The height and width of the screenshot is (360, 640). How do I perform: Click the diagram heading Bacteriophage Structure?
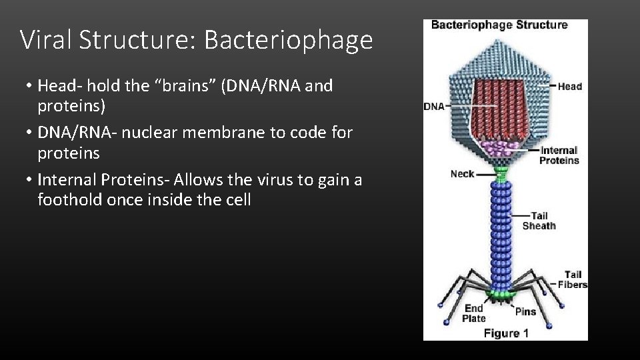[499, 25]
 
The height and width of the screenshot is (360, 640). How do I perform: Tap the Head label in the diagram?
[570, 86]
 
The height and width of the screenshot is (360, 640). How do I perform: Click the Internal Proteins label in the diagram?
[559, 155]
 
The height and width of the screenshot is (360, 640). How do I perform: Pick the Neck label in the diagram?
[462, 174]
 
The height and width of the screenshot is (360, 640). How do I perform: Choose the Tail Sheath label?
[539, 221]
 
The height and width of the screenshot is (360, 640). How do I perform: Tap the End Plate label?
[474, 313]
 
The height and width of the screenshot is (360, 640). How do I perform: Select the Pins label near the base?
[525, 311]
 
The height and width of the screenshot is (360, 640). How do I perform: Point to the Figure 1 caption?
[506, 333]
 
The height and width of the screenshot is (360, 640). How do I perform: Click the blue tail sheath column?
[501, 233]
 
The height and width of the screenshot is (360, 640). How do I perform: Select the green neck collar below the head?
[501, 175]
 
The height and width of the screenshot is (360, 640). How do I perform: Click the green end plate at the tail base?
[501, 294]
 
